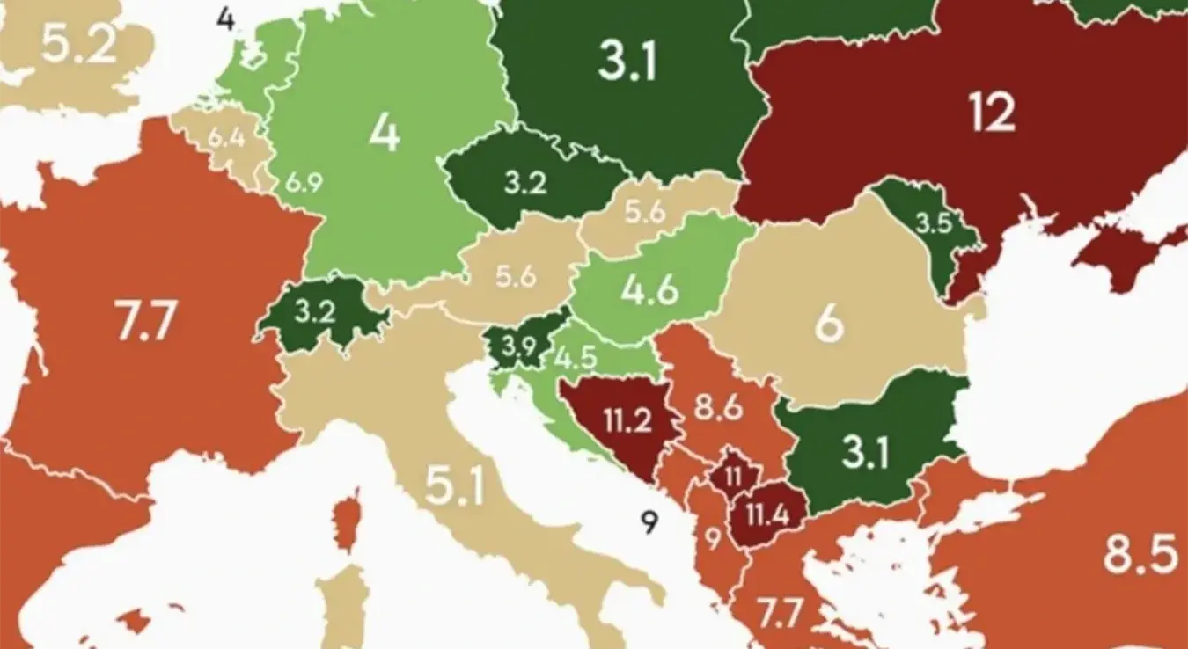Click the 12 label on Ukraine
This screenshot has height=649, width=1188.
pos(992,112)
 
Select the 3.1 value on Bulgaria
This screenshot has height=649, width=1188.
pos(864,453)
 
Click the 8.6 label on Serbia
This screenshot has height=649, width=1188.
pos(718,409)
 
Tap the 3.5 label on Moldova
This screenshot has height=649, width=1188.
pos(934,223)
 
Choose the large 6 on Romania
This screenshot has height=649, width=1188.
pos(828,324)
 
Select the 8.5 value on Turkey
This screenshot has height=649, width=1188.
pos(1140,555)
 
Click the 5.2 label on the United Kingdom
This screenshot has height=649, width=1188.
pos(78,44)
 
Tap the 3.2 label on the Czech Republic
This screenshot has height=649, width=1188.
pos(525,183)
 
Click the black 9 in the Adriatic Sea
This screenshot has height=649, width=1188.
pos(649,523)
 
